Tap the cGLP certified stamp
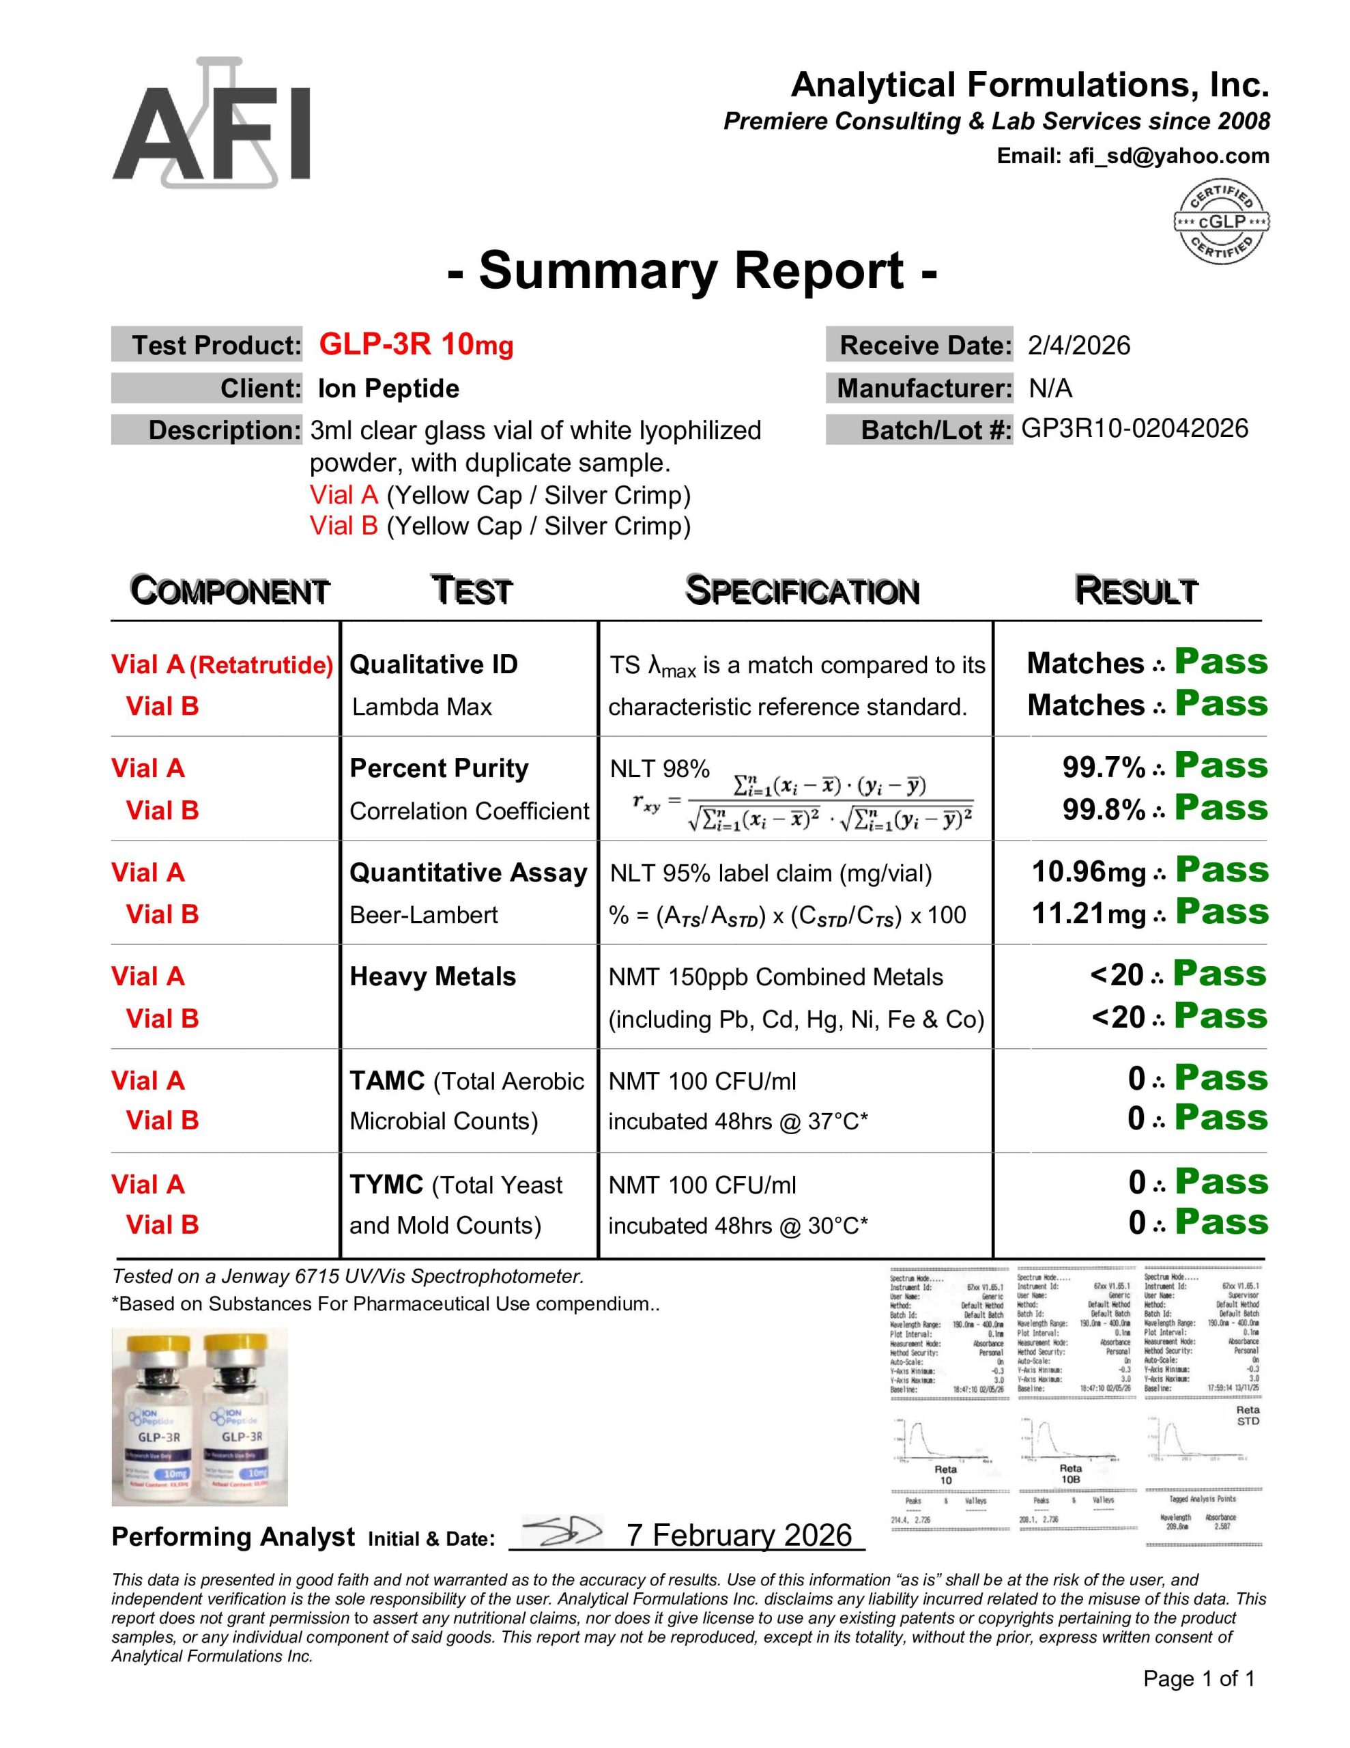(1220, 222)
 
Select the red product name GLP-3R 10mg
(416, 345)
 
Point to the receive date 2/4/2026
(1079, 346)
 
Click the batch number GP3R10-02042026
(1134, 429)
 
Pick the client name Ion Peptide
(388, 389)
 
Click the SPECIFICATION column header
(802, 591)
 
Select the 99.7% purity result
(1103, 767)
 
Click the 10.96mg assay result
(1089, 871)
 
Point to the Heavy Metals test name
(432, 976)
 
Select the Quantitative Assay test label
(468, 873)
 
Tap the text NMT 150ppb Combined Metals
(775, 977)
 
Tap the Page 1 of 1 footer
(1198, 1679)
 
